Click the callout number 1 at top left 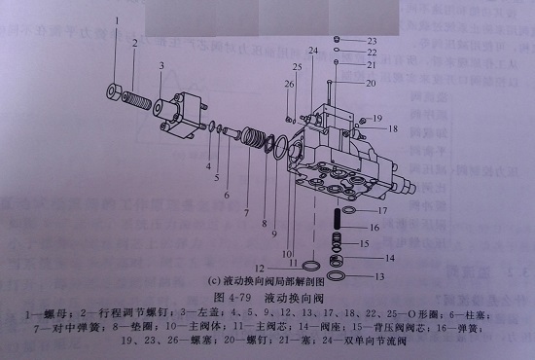(x=117, y=19)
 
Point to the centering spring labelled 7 (x=258, y=142)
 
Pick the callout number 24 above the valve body (x=313, y=49)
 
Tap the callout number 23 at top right (x=372, y=40)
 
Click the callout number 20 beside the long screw (x=371, y=84)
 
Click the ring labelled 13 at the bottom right (x=335, y=273)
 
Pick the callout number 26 (x=288, y=84)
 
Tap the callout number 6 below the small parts (x=225, y=195)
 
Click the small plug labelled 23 (x=337, y=39)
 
